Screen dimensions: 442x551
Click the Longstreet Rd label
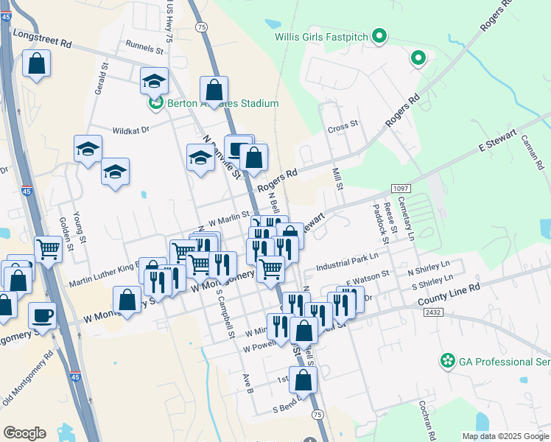[43, 44]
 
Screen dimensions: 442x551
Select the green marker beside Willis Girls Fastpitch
[380, 35]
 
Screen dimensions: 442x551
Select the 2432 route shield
[434, 312]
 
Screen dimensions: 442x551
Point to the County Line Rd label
[449, 294]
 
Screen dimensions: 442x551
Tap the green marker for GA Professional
[446, 362]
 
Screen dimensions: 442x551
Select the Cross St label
[343, 127]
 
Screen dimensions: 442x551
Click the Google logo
[24, 433]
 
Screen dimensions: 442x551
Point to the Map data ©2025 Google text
[505, 436]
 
